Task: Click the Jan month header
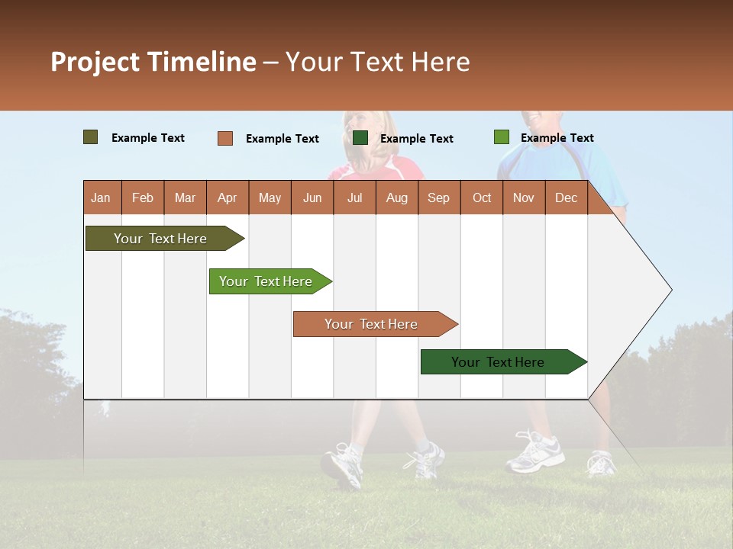101,197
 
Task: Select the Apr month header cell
227,197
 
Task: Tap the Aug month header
396,197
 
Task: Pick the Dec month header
566,197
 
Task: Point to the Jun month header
312,197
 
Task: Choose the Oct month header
481,197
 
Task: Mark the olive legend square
91,137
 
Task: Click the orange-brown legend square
225,138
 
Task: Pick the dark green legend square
360,138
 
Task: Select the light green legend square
502,137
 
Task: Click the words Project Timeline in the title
153,62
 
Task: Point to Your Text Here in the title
377,62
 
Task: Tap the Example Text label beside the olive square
148,138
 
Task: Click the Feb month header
143,197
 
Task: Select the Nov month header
523,197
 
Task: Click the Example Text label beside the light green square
557,138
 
